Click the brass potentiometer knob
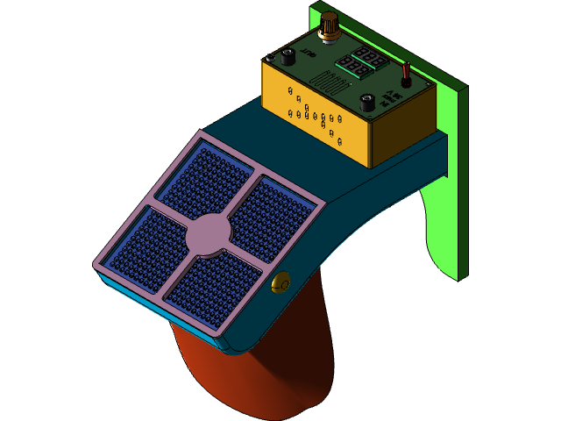tap(330, 24)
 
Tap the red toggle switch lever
tap(406, 74)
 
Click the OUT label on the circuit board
tap(308, 54)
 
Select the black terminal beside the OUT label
tap(287, 58)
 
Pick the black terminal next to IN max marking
tap(368, 103)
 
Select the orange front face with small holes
tap(316, 115)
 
